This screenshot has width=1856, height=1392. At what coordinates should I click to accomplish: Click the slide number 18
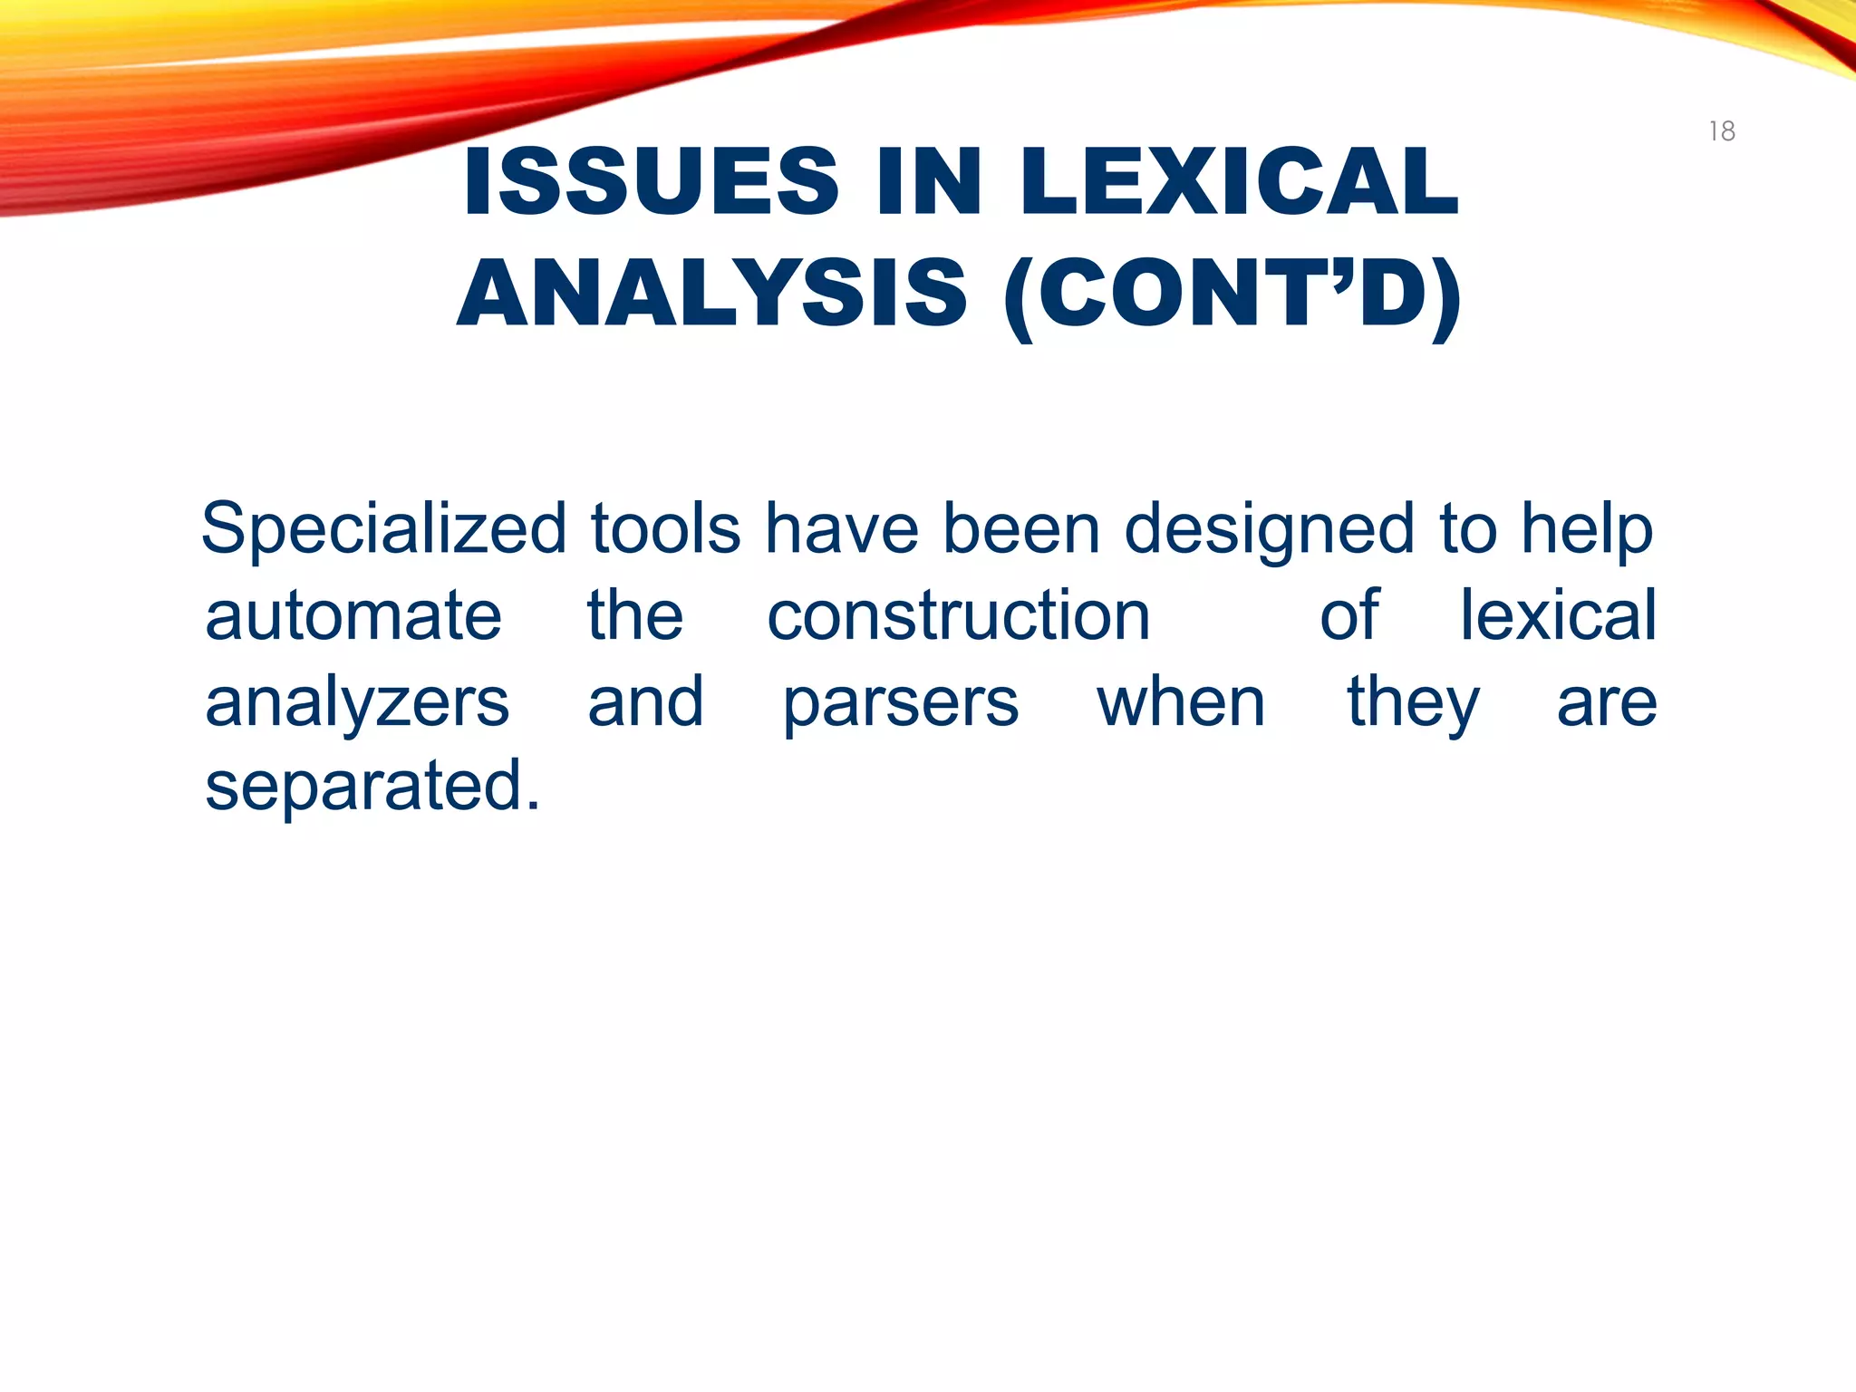[1722, 131]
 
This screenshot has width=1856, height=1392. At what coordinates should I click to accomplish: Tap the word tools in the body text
[665, 529]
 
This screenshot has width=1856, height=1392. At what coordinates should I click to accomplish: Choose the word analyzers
[357, 703]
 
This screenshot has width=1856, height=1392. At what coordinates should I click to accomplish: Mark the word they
[1413, 703]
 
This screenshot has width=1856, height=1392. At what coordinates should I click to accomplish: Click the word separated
[372, 787]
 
